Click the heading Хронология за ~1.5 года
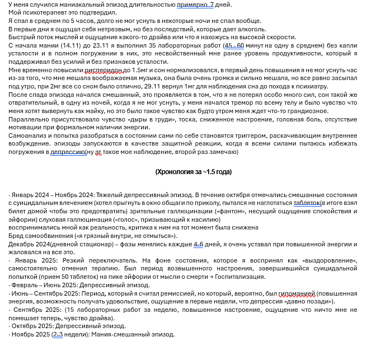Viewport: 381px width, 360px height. (193, 172)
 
